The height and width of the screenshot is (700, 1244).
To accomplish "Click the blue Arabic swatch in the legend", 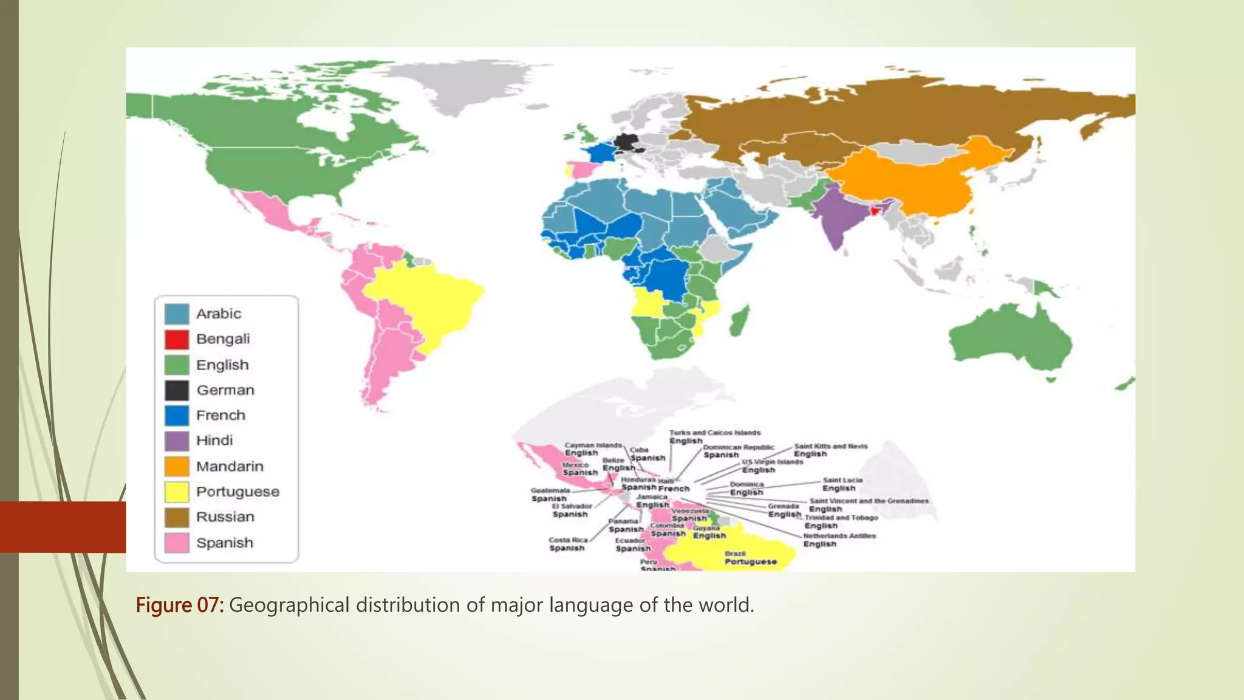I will (177, 314).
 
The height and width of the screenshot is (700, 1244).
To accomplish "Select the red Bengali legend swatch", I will (177, 339).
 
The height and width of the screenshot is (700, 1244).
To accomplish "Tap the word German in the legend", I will (225, 390).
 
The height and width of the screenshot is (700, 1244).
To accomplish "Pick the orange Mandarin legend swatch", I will (177, 466).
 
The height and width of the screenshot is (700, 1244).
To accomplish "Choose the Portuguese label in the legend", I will (238, 492).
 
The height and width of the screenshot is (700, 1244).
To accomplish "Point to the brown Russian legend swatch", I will (177, 517).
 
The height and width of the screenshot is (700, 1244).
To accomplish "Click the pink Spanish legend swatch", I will (177, 543).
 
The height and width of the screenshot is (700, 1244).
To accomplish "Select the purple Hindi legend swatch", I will (177, 441).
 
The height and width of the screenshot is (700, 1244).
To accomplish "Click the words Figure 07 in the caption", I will (179, 605).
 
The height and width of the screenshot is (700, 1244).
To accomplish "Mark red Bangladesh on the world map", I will (875, 210).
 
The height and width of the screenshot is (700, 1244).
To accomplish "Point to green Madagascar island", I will (739, 320).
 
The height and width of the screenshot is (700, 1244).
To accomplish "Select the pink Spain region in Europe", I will (581, 168).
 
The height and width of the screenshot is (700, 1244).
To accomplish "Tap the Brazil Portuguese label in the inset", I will (750, 558).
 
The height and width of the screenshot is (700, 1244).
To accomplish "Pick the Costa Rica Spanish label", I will (567, 544).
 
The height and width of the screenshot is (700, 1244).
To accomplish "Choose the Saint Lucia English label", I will (842, 484).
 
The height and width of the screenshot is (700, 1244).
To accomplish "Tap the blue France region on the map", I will (602, 152).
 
